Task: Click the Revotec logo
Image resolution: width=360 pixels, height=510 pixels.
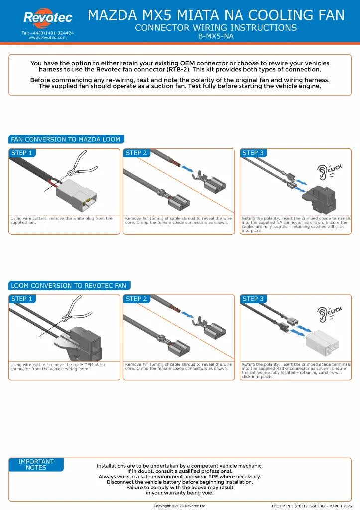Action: (48, 18)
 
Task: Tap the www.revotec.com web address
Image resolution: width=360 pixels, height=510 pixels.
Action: (48, 37)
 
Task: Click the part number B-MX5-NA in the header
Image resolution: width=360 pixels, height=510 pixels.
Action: (216, 36)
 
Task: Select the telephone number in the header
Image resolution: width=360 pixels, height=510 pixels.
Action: (48, 32)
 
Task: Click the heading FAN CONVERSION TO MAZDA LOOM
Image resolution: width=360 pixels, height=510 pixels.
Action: (66, 139)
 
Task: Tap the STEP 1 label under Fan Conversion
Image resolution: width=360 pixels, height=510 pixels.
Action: (22, 153)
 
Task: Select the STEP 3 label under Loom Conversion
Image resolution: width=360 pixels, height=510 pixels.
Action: (253, 299)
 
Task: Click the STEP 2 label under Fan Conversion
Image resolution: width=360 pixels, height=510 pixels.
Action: (137, 153)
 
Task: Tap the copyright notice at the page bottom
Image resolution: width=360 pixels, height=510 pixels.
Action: (179, 506)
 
